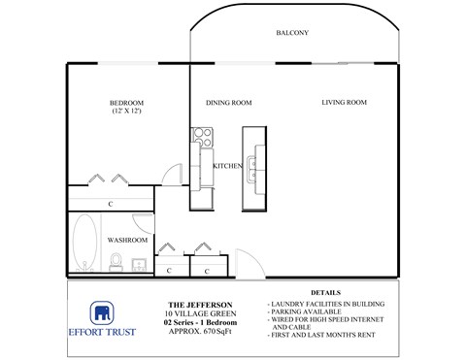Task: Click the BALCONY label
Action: click(291, 33)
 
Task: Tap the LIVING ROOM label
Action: click(344, 102)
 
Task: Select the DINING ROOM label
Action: click(229, 102)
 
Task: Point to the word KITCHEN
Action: click(227, 167)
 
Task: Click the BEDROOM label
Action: click(126, 103)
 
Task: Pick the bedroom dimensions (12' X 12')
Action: click(126, 114)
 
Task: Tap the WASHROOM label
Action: click(127, 240)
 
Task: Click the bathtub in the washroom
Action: click(83, 243)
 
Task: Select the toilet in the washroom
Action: click(116, 261)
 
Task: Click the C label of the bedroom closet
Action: click(111, 204)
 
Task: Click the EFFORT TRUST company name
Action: click(101, 332)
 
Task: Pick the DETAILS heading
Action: click(326, 292)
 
